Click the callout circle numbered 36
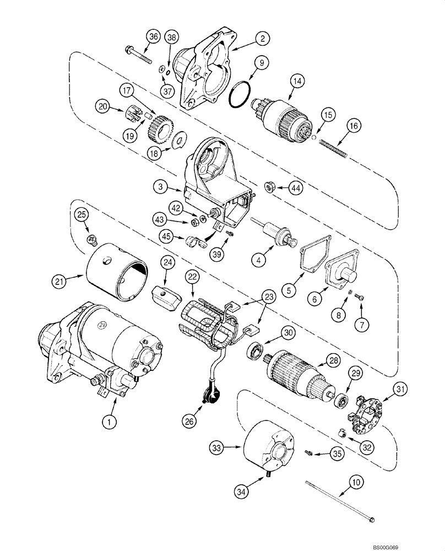(x=154, y=37)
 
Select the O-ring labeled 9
(x=238, y=95)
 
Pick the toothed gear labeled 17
(x=161, y=128)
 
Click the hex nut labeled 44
(x=270, y=188)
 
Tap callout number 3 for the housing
(x=159, y=188)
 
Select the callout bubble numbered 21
(x=59, y=281)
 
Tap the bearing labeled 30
(x=256, y=349)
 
